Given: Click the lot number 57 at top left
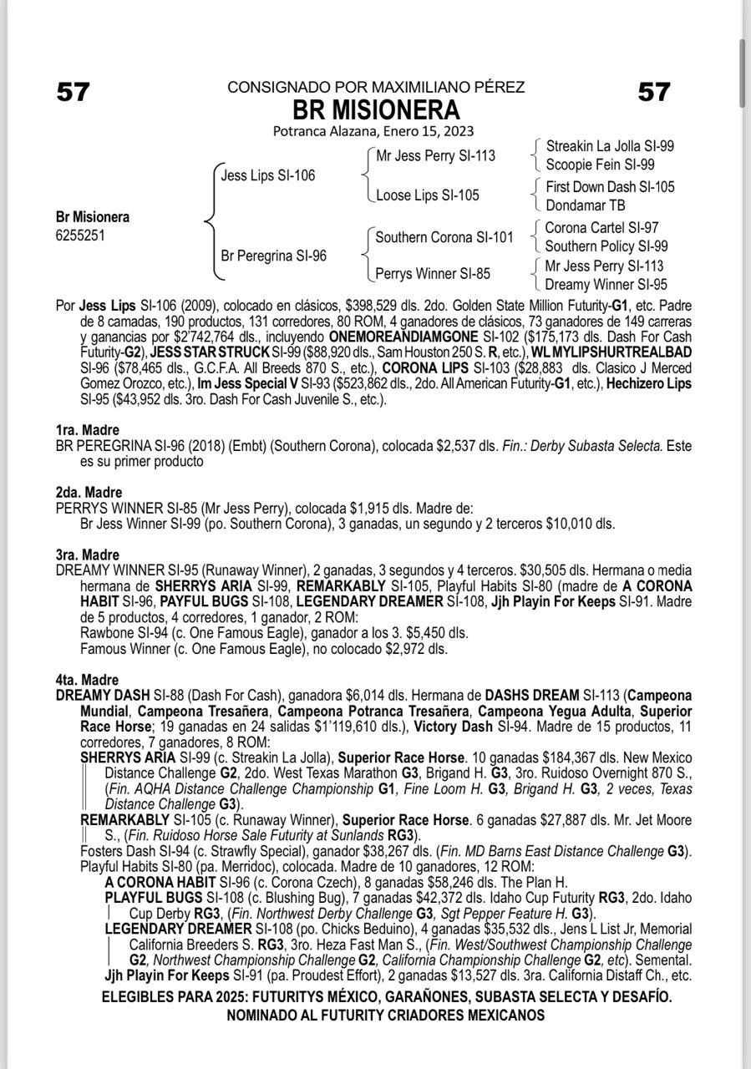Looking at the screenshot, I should click(x=73, y=92).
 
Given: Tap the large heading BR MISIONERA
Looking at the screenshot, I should click(x=375, y=109).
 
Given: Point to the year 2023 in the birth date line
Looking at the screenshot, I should click(x=459, y=131).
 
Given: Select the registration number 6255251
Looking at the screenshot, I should click(x=80, y=236).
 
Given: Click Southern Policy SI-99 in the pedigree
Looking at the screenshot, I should click(x=606, y=246).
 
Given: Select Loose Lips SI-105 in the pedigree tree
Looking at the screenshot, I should click(x=428, y=195).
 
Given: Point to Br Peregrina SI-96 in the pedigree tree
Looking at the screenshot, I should click(x=273, y=256).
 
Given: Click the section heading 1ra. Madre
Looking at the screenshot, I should click(x=88, y=430).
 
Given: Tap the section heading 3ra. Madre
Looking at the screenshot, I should click(x=88, y=555).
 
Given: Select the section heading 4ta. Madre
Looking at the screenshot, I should click(x=88, y=680).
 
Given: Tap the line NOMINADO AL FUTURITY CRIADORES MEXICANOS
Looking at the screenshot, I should click(x=385, y=1016).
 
